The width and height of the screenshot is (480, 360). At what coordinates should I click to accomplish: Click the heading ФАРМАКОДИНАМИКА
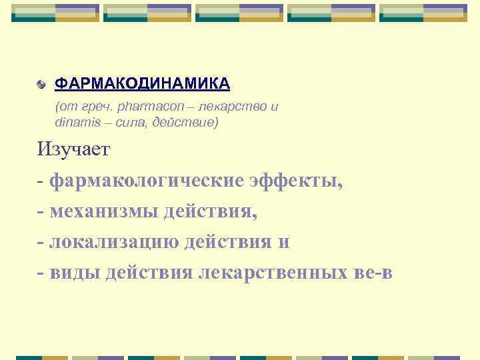pos(142,83)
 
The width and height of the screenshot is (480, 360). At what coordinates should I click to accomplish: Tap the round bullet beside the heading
pos(42,85)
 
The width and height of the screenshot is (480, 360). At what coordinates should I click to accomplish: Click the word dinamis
pos(75,123)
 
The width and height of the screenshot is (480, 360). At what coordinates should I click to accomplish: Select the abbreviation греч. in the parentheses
pos(97,107)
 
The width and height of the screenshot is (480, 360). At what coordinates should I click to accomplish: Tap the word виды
pos(74,273)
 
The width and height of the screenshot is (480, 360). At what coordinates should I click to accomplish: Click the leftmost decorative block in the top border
pos(55,13)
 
